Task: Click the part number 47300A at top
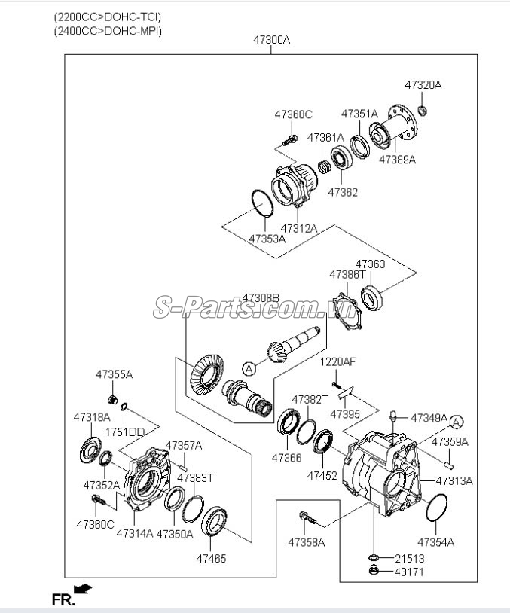tap(271, 40)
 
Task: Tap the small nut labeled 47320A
tap(423, 111)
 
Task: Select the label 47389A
tap(397, 160)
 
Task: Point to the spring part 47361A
tap(324, 167)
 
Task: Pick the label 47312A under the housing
tap(299, 228)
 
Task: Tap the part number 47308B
tap(261, 298)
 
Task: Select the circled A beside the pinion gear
tap(249, 369)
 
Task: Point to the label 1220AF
tap(338, 361)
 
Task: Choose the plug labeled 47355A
tap(113, 400)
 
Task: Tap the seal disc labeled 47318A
tap(90, 450)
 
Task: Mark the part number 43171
tap(409, 572)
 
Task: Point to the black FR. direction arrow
tap(83, 588)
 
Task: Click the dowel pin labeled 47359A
tap(449, 465)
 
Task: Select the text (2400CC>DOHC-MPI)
tap(108, 30)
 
